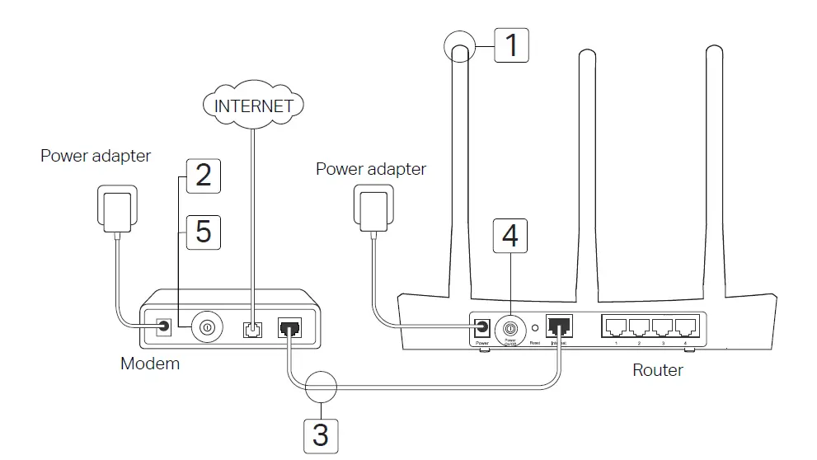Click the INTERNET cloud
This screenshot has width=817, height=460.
click(x=253, y=106)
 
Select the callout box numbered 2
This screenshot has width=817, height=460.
click(x=203, y=175)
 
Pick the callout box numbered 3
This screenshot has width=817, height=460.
click(x=321, y=434)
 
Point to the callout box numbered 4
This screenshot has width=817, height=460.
click(x=510, y=237)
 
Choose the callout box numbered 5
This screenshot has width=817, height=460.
click(x=203, y=232)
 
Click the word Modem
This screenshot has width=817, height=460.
click(x=150, y=363)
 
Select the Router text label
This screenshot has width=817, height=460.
click(x=657, y=370)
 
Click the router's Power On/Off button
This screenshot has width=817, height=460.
click(x=510, y=326)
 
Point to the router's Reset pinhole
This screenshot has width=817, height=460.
click(x=534, y=326)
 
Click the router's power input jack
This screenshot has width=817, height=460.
click(x=482, y=326)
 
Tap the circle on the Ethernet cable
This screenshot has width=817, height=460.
click(x=322, y=385)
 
